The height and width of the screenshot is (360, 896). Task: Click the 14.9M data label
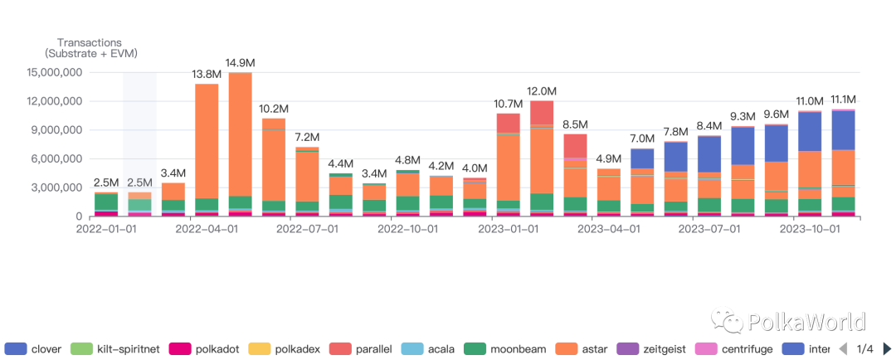click(x=241, y=62)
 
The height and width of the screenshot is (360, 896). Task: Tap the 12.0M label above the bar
click(x=543, y=91)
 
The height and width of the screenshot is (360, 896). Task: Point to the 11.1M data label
click(x=844, y=100)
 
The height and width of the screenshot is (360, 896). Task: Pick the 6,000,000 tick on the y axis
click(x=57, y=159)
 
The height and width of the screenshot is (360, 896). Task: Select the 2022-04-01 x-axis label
click(x=207, y=229)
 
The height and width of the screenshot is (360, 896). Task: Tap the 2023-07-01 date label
click(x=709, y=229)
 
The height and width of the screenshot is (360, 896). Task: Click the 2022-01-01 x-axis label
click(x=106, y=229)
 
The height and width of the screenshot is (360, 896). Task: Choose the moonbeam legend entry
click(x=502, y=348)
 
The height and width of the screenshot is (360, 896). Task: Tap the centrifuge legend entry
click(x=733, y=348)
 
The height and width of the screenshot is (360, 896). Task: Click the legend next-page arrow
click(x=887, y=348)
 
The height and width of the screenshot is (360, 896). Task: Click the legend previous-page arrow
click(x=842, y=348)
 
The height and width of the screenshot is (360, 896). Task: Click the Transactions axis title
click(x=90, y=43)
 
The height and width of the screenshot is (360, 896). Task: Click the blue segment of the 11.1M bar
click(x=844, y=130)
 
